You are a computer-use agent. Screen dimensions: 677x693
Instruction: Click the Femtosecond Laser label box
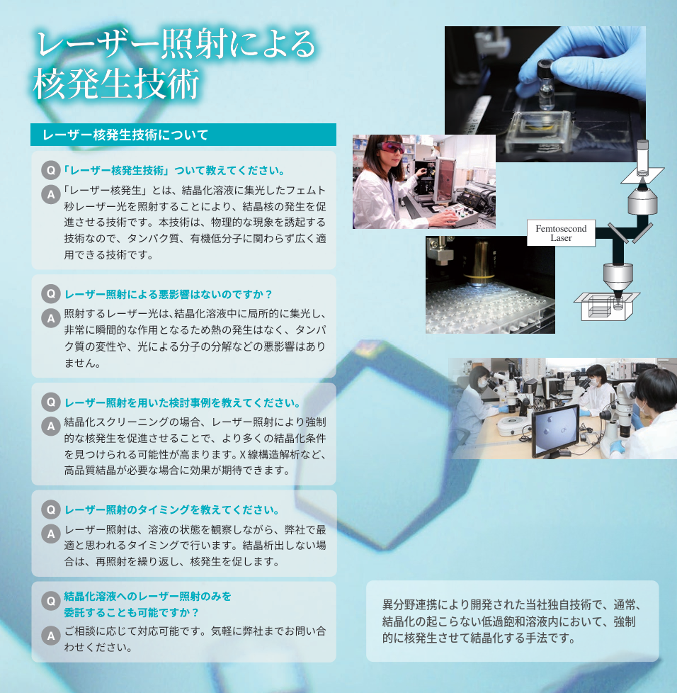pos(561,233)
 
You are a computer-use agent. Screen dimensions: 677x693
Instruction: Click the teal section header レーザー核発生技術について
pos(183,135)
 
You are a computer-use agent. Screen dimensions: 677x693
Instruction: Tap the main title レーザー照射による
pos(176,44)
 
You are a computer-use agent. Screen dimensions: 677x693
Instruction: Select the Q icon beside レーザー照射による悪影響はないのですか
pos(51,294)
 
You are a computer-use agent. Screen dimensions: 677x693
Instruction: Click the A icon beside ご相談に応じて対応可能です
pos(51,636)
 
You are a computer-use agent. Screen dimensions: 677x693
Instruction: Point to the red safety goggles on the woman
pos(390,147)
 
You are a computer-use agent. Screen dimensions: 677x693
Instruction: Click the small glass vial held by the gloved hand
pos(546,84)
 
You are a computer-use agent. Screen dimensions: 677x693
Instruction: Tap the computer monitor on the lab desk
pos(555,431)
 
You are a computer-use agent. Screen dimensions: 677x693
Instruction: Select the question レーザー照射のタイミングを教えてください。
pos(172,510)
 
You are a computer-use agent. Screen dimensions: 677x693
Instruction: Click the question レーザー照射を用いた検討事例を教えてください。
pos(183,403)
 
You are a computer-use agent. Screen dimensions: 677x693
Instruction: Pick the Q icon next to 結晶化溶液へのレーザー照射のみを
pos(51,601)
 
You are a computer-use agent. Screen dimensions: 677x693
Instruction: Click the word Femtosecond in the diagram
pos(561,228)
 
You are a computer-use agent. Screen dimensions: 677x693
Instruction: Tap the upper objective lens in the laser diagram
pos(643,200)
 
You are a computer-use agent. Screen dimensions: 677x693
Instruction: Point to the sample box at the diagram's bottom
pos(607,306)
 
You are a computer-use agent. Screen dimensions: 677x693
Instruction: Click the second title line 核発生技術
pos(117,84)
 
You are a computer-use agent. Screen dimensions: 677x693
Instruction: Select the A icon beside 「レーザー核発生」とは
pos(51,194)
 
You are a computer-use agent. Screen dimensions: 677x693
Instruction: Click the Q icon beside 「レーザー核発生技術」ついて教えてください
pos(51,170)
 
